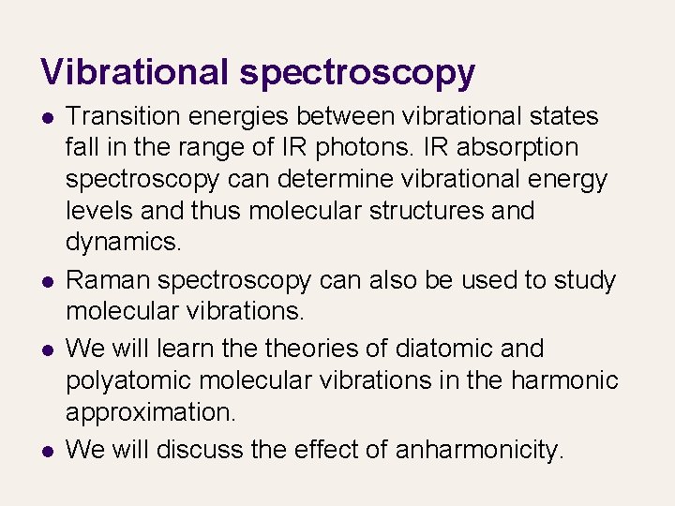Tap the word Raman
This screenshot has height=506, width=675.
point(108,280)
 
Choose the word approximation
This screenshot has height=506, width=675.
point(148,411)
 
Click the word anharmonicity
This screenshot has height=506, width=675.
point(480,450)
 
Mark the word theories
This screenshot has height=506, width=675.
point(317,349)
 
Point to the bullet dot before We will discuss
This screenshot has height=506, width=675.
point(46,452)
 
